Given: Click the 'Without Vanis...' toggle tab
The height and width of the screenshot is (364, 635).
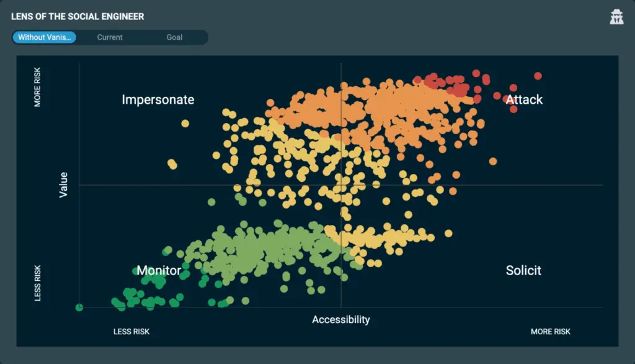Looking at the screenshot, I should [x=43, y=37].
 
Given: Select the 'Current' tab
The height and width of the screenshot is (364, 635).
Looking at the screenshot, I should [x=110, y=37].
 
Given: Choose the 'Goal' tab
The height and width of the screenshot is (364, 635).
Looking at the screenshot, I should [x=174, y=37].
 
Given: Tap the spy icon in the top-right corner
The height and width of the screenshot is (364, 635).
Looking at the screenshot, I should [x=616, y=17].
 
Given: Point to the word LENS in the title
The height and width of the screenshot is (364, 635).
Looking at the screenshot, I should [x=22, y=17].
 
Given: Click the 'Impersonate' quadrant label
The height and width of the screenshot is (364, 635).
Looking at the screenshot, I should [x=158, y=99].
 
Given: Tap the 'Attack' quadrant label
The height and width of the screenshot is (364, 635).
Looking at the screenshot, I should [x=524, y=99].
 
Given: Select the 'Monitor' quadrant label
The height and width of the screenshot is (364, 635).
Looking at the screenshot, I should [x=159, y=270].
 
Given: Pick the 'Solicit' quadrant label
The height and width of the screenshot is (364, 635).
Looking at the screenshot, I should [x=523, y=270].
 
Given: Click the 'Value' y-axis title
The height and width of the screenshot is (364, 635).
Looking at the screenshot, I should [x=63, y=185].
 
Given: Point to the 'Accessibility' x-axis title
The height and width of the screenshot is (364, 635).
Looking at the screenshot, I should [x=340, y=319].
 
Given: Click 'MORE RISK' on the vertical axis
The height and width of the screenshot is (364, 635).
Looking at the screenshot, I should [x=38, y=88].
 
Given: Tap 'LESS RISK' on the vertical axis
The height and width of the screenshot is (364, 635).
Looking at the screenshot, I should [x=38, y=283].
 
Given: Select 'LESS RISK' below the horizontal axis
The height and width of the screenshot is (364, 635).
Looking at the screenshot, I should [x=131, y=332].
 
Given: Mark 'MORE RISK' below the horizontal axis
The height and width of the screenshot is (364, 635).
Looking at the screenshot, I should [x=550, y=332].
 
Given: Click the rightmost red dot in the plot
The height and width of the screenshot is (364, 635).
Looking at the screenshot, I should [x=538, y=76].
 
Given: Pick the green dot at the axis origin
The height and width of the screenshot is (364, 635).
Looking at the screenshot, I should [x=79, y=307].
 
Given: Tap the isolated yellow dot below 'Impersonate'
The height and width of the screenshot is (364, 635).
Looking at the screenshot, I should [x=185, y=124].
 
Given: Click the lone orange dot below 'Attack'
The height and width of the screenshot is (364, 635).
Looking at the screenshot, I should [x=493, y=162].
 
